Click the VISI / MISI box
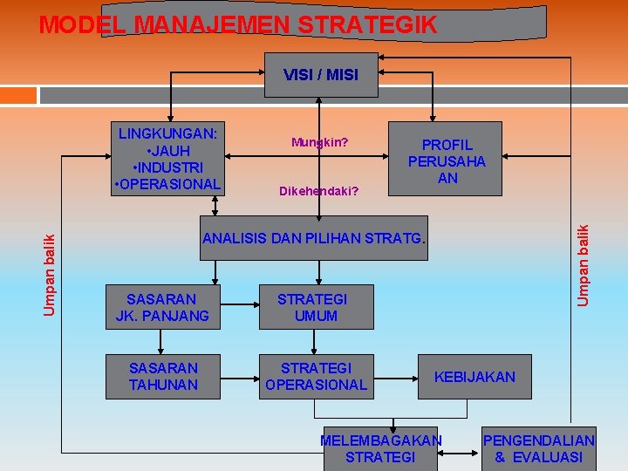tap(320, 75)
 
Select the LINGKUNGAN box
tap(168, 158)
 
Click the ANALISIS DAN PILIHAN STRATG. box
tap(315, 238)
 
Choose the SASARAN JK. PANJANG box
tap(163, 307)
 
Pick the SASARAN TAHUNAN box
tap(163, 377)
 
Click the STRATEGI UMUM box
tap(316, 307)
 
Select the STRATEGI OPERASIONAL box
tap(316, 377)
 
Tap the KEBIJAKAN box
tap(474, 377)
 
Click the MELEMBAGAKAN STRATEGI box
tap(380, 448)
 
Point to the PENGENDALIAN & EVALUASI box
tap(539, 448)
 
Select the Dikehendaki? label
tap(318, 189)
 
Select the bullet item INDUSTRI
tap(168, 167)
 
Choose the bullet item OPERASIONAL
tap(168, 183)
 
